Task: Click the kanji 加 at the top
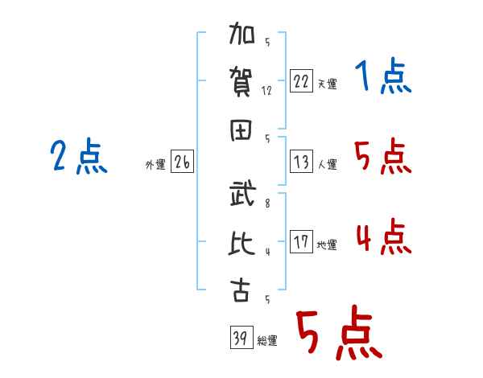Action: click(x=242, y=33)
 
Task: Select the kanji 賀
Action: click(x=241, y=82)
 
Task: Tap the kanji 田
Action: click(x=241, y=130)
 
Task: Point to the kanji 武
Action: click(x=242, y=193)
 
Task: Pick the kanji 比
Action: click(x=242, y=243)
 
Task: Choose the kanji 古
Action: click(x=240, y=290)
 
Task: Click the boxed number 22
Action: click(x=301, y=81)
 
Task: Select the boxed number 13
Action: click(x=301, y=162)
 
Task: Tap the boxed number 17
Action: click(x=301, y=241)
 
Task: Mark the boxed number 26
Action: click(x=182, y=162)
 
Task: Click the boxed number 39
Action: click(x=242, y=337)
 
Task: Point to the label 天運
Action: click(x=327, y=84)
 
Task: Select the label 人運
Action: click(x=327, y=164)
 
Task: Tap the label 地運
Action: click(x=327, y=245)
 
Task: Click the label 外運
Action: click(x=155, y=165)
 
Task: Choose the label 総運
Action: click(x=267, y=341)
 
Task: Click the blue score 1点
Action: click(x=383, y=76)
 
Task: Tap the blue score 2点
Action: click(x=79, y=156)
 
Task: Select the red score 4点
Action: click(x=384, y=236)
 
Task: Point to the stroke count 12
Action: click(x=266, y=91)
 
